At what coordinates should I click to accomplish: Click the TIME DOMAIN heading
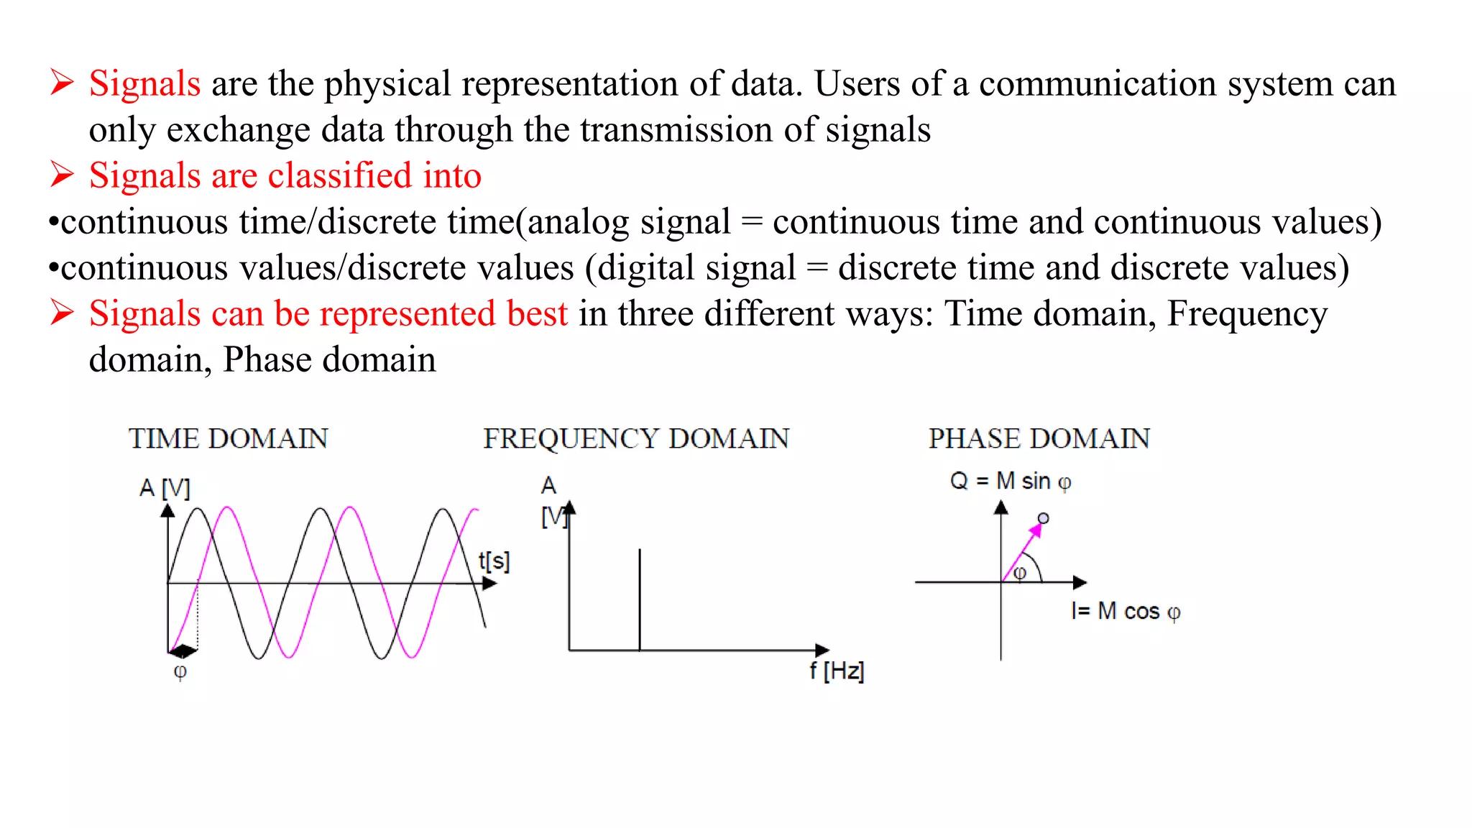[228, 438]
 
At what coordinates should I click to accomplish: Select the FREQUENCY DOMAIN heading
[635, 438]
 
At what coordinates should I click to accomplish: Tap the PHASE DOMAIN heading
[1039, 438]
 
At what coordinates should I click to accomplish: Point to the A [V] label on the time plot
[165, 488]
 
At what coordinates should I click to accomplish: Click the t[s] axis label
[494, 561]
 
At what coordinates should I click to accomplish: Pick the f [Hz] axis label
[837, 671]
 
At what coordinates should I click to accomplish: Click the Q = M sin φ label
[1010, 481]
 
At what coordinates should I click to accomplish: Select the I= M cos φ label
[1125, 611]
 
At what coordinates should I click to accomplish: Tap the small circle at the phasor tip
[1043, 518]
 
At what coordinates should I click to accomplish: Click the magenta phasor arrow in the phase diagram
[1023, 551]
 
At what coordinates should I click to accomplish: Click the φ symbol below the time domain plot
[180, 671]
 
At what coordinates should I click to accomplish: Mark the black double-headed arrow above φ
[183, 651]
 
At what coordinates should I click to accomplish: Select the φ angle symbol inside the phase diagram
[1019, 573]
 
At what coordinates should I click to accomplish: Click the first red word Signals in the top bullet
[144, 83]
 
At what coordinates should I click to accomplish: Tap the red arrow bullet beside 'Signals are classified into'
[63, 175]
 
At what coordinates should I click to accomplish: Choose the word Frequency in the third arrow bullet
[1246, 314]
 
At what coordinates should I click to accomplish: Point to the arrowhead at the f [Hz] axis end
[822, 650]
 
